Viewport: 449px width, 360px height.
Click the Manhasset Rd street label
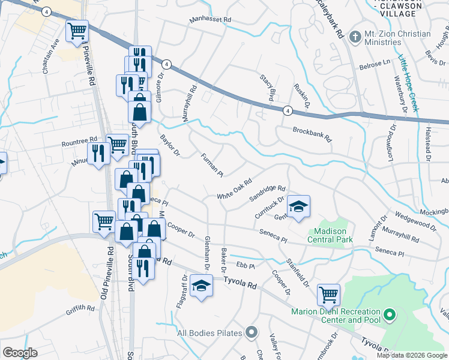point(210,20)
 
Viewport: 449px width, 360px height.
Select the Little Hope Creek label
point(408,83)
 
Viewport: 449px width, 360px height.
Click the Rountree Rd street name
point(79,143)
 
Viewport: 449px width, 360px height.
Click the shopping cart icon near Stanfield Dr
point(328,295)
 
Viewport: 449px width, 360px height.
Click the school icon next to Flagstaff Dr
point(202,286)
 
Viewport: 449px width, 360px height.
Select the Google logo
point(20,352)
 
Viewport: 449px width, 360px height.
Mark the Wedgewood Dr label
point(415,219)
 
